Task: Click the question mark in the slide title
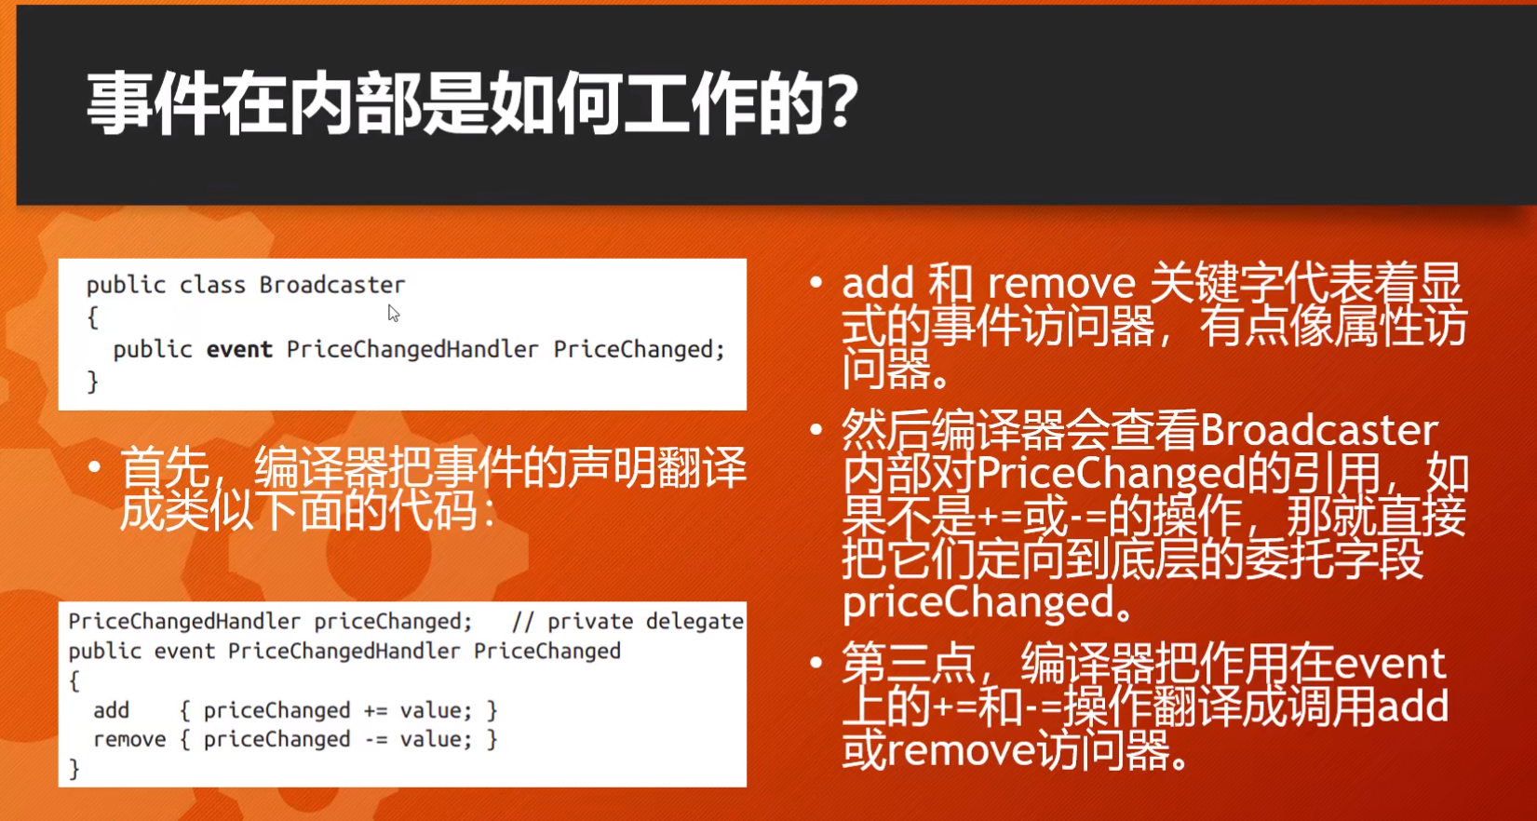pyautogui.click(x=842, y=102)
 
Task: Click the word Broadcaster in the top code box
pyautogui.click(x=331, y=285)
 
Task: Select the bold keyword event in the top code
pyautogui.click(x=239, y=350)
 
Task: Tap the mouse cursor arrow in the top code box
pyautogui.click(x=393, y=314)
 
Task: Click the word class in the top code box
pyautogui.click(x=211, y=285)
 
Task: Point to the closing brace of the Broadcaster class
pyautogui.click(x=92, y=382)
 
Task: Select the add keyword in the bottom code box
pyautogui.click(x=111, y=711)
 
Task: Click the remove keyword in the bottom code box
pyautogui.click(x=129, y=740)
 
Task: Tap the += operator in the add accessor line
pyautogui.click(x=375, y=711)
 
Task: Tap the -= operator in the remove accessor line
pyautogui.click(x=375, y=740)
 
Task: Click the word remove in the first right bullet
pyautogui.click(x=1060, y=284)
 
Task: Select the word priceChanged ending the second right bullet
pyautogui.click(x=977, y=603)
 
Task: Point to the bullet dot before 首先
pyautogui.click(x=94, y=466)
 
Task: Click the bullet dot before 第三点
pyautogui.click(x=816, y=664)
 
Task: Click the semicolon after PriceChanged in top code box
pyautogui.click(x=720, y=350)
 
